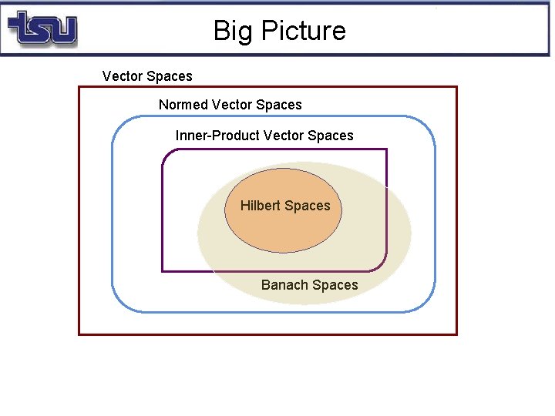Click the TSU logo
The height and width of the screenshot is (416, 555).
click(x=42, y=29)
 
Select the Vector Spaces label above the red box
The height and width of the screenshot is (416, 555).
click(x=147, y=76)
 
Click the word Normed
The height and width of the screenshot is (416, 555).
click(x=183, y=105)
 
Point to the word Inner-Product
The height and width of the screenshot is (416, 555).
click(x=217, y=136)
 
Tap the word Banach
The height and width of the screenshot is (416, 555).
click(x=284, y=285)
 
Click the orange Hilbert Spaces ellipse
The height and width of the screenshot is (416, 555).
click(x=283, y=227)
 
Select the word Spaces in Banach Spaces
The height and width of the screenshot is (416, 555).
click(x=335, y=285)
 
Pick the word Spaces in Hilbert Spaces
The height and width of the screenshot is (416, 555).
click(x=307, y=206)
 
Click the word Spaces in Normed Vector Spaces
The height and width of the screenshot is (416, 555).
click(x=278, y=105)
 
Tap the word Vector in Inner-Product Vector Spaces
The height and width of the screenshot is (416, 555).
click(x=284, y=136)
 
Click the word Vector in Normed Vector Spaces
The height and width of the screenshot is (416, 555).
click(x=231, y=105)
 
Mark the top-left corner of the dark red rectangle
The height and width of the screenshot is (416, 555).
click(x=79, y=87)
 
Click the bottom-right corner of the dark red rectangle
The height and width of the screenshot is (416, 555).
click(x=456, y=334)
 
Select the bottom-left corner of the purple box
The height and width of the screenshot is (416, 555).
click(x=162, y=271)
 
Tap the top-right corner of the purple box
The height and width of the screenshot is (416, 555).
click(x=386, y=149)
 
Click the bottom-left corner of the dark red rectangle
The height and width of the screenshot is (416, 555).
click(x=79, y=334)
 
